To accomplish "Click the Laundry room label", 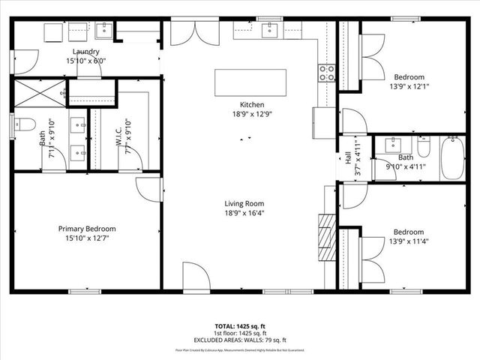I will [x=87, y=52].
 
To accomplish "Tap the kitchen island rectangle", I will [x=250, y=82].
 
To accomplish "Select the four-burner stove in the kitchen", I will [x=327, y=73].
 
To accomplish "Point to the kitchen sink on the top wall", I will [x=269, y=29].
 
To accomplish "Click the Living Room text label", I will [x=244, y=203].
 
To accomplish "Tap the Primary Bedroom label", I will [x=87, y=229].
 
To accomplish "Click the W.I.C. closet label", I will [x=118, y=136].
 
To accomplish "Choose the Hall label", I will [x=348, y=158].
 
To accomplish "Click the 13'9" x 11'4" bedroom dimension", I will [x=409, y=241].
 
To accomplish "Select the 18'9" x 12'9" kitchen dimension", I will [x=251, y=115].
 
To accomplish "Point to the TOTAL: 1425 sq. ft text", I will [x=241, y=326].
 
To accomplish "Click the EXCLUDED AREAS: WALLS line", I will [x=241, y=340].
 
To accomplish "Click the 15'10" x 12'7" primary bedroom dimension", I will [x=87, y=238].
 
